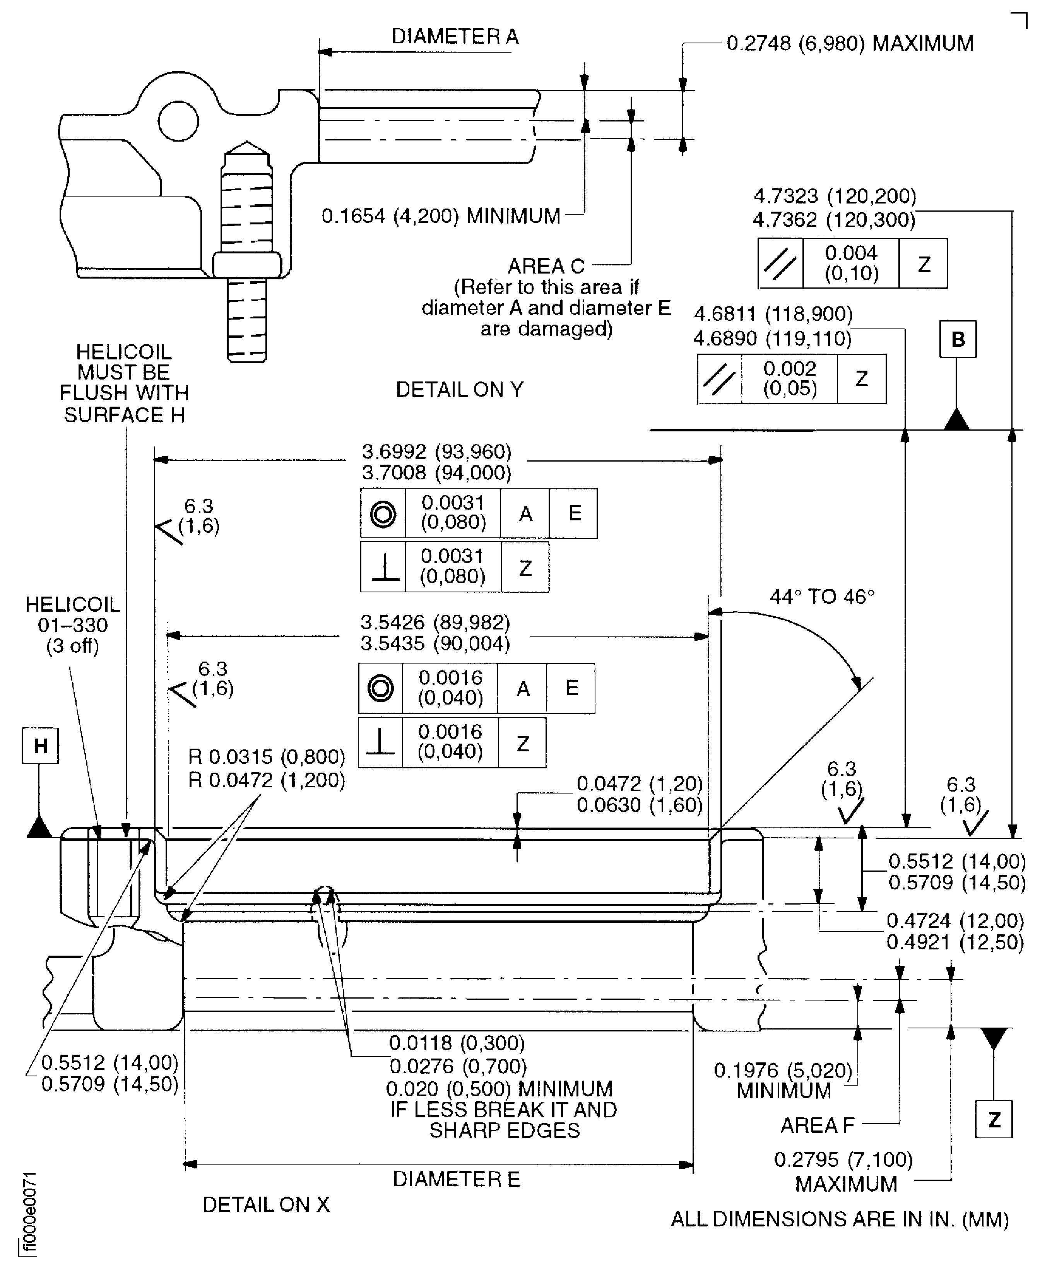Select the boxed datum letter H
tap(40, 746)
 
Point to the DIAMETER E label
tap(457, 1179)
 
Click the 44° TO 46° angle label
tap(822, 597)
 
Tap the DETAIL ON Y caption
tap(459, 390)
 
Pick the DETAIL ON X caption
tap(266, 1205)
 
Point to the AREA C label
tap(546, 266)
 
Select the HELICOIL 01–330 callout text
tap(72, 625)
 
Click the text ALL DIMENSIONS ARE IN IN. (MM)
tap(840, 1219)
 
